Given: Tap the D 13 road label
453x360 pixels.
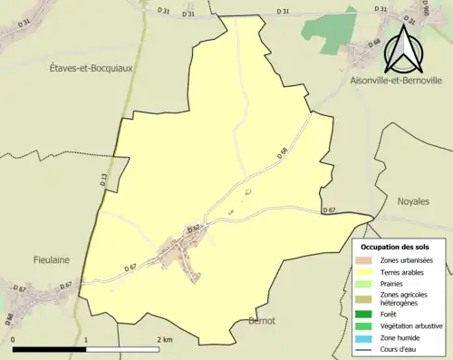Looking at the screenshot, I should [104, 180].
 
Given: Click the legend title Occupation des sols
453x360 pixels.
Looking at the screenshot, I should [395, 247].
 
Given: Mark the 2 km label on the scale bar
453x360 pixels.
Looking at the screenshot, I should [164, 339].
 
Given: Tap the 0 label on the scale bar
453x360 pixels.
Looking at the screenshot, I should [14, 339].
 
